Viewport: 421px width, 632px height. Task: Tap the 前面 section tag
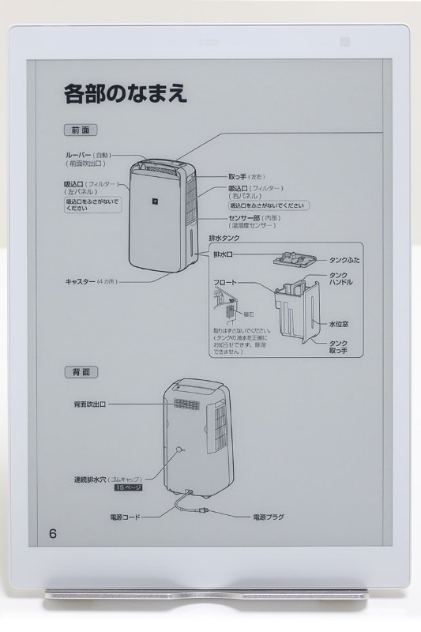[80, 129]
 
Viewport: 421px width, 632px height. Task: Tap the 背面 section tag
[80, 371]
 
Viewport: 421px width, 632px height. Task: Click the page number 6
[53, 532]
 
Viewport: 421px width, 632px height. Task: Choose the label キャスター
[80, 281]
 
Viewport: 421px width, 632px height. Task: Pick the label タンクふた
[346, 259]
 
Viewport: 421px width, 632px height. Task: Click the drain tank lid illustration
[293, 258]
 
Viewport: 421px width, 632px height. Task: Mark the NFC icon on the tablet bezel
[389, 41]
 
